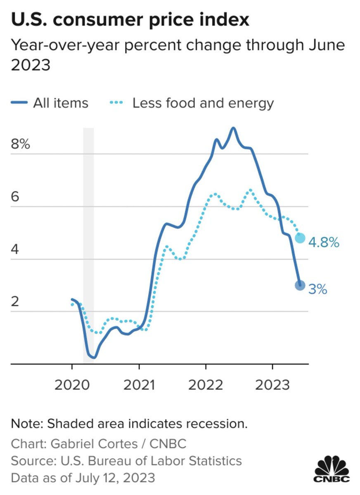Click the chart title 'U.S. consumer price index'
pos(130,20)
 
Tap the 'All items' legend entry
pos(50,103)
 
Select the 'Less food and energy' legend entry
pos(192,104)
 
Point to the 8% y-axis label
pos(20,144)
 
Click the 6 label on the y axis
pos(15,196)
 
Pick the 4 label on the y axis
pos(15,249)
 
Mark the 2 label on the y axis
pos(15,301)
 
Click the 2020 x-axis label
pos(72,385)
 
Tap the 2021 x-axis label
pos(139,385)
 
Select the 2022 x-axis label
pos(206,385)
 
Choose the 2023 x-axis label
pos(272,385)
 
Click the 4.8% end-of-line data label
pos(324,243)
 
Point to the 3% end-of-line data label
pos(318,289)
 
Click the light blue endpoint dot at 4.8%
pos(300,238)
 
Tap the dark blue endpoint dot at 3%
pos(300,285)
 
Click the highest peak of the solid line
pos(233,128)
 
